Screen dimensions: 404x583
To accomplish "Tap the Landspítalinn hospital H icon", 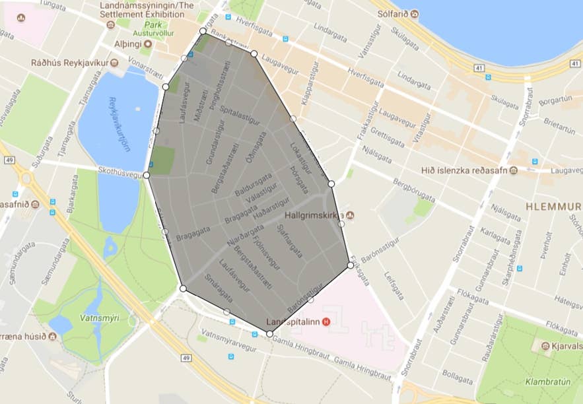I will point(326,322).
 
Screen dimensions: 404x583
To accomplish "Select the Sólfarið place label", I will point(393,13).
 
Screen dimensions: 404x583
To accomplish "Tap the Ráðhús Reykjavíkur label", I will point(70,63).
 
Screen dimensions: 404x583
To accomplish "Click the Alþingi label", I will point(129,44).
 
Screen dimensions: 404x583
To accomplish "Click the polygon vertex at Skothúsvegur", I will point(146,176).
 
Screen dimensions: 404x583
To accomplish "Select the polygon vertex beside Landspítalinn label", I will point(269,334).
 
